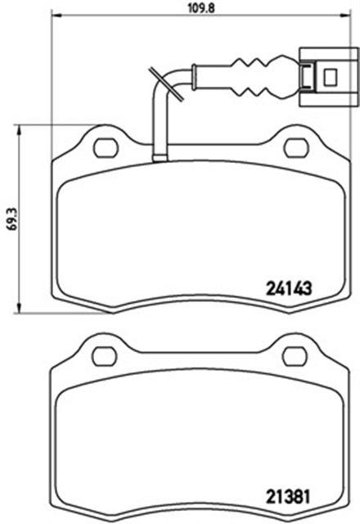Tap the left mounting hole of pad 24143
click(105, 147)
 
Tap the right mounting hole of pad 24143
click(296, 147)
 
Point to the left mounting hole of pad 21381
click(105, 356)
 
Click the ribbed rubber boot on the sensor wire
click(255, 76)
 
